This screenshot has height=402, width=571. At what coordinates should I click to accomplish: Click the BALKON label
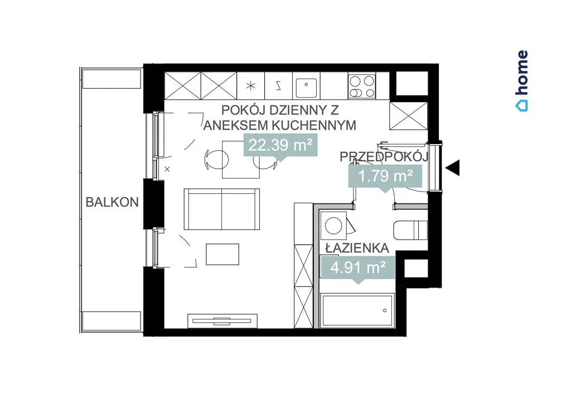click(x=112, y=202)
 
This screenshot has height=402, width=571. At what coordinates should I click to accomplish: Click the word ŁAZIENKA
click(x=357, y=248)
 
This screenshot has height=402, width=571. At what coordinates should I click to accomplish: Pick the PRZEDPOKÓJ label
click(x=384, y=156)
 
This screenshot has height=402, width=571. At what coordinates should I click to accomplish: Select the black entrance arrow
click(x=453, y=168)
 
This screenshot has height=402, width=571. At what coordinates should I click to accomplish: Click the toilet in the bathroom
click(x=410, y=230)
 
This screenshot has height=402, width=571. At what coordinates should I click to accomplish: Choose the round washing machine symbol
click(x=333, y=225)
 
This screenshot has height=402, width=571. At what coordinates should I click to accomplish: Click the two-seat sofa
click(x=222, y=209)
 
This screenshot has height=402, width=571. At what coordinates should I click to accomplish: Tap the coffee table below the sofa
click(x=222, y=254)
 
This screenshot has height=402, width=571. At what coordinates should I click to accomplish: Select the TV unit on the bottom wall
click(x=222, y=321)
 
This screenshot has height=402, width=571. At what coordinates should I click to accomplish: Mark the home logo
click(x=522, y=81)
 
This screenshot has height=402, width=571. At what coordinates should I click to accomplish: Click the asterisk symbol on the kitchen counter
click(x=251, y=86)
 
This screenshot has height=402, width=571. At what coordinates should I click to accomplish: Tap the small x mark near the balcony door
click(x=167, y=169)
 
